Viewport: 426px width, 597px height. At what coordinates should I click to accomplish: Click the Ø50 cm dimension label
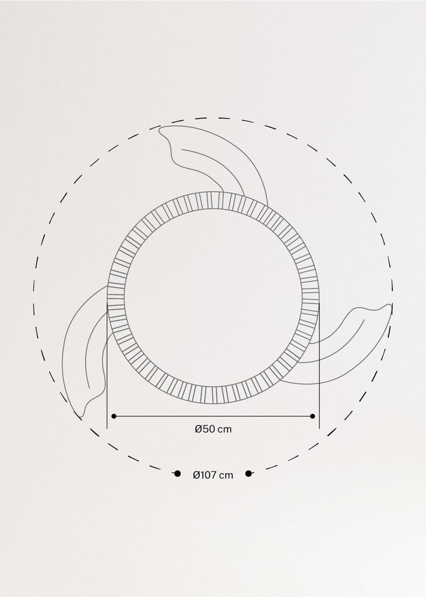pos(213,429)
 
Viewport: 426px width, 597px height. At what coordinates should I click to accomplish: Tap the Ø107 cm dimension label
pos(213,475)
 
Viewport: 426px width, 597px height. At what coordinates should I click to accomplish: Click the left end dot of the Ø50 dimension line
pos(114,416)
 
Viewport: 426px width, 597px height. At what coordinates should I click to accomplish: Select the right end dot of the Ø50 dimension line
pos(312,416)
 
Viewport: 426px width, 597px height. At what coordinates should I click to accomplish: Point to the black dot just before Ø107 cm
pos(177,474)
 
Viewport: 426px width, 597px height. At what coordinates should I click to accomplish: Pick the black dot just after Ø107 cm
pos(248,474)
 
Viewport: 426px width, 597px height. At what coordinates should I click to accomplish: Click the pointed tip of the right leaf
pos(391,305)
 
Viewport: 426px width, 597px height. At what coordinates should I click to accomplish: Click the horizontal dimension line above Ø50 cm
pos(213,416)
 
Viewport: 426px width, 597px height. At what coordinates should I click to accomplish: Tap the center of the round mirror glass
pos(213,298)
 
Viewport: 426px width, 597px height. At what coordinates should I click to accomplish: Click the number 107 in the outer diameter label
pos(208,475)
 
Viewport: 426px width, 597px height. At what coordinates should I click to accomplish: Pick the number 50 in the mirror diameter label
pos(208,429)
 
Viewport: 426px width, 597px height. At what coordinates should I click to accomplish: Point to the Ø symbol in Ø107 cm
pos(196,475)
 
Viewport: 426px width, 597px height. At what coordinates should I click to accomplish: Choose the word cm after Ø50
pos(225,429)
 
